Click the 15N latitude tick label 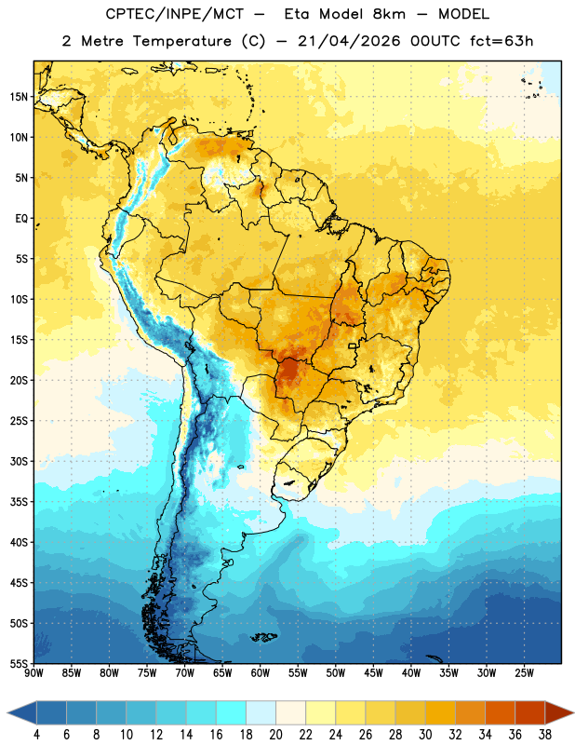(19, 97)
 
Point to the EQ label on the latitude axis (21, 219)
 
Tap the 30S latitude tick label (19, 461)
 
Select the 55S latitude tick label (19, 663)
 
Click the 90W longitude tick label (34, 673)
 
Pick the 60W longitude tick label (261, 673)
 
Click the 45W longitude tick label (373, 673)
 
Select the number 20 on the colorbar (275, 735)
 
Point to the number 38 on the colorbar (544, 735)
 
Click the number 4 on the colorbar (36, 735)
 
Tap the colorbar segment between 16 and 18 (232, 712)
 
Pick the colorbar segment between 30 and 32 (440, 712)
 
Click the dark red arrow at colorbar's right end (559, 712)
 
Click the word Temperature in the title (181, 41)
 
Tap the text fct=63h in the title (501, 41)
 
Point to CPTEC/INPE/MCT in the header (175, 14)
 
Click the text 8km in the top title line (389, 14)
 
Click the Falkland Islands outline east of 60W (264, 637)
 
